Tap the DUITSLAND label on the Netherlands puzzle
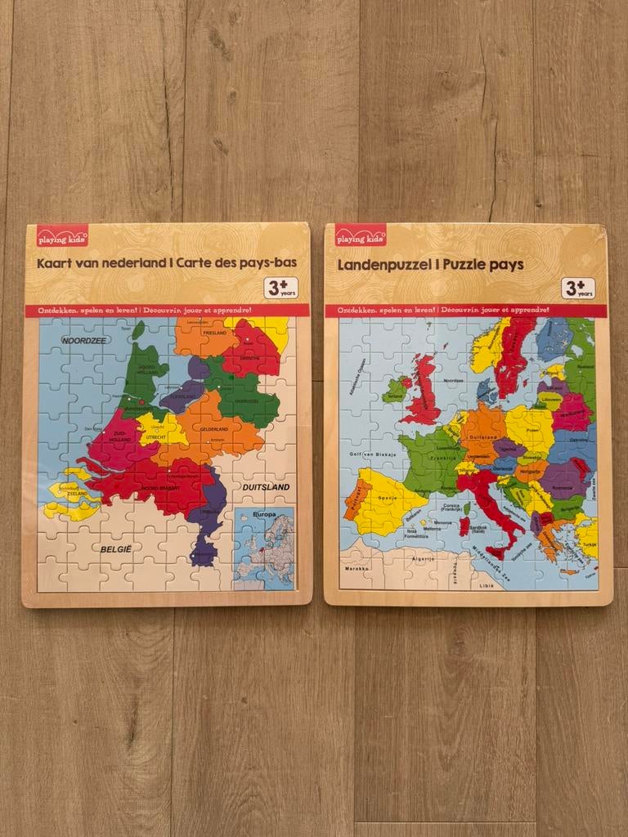pyautogui.click(x=266, y=486)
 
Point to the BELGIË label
pyautogui.click(x=115, y=549)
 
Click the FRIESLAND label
pyautogui.click(x=201, y=333)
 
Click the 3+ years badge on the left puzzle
pyautogui.click(x=280, y=288)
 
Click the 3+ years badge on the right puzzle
pyautogui.click(x=579, y=288)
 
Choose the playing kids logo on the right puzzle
pyautogui.click(x=361, y=238)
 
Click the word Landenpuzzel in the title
pyautogui.click(x=382, y=265)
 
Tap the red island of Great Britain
pyautogui.click(x=425, y=392)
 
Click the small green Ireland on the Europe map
pyautogui.click(x=395, y=389)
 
